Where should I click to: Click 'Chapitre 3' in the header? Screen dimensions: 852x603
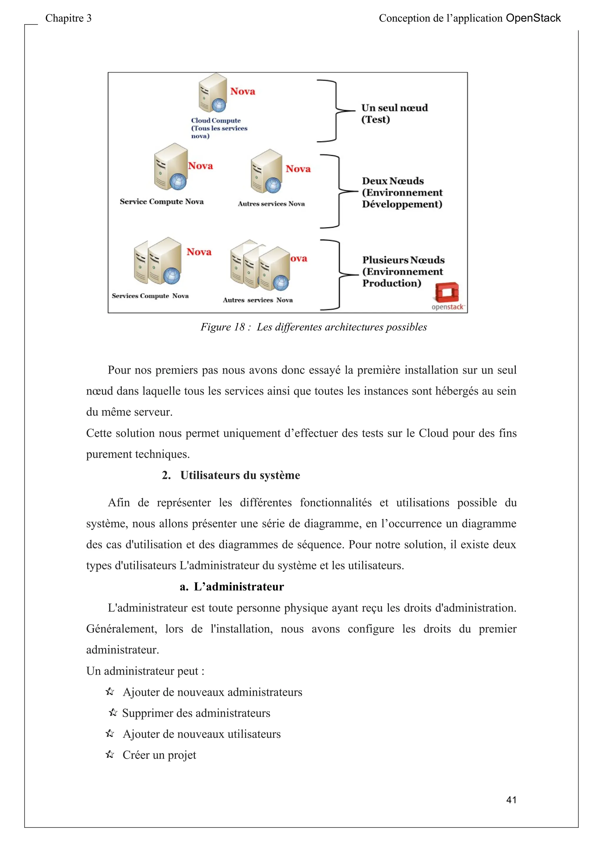(68, 18)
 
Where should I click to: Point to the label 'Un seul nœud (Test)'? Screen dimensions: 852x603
(394, 113)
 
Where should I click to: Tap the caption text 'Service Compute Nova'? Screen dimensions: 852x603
(162, 202)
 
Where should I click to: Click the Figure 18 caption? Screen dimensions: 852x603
(313, 327)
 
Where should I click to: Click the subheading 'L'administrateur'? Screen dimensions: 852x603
(238, 586)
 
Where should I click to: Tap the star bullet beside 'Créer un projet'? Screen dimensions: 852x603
(110, 754)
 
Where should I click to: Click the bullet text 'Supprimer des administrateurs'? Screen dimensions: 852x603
(196, 713)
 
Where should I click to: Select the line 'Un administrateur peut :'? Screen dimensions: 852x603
(145, 670)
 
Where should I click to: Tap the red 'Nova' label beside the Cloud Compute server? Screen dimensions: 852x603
(242, 91)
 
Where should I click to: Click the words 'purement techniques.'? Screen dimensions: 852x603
(138, 454)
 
